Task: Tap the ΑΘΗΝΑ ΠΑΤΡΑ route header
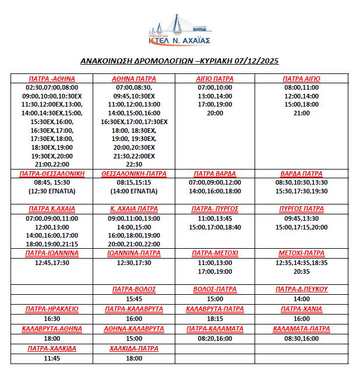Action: tap(134, 79)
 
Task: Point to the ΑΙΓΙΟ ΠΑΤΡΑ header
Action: tap(215, 79)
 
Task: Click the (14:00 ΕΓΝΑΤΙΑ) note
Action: tap(134, 191)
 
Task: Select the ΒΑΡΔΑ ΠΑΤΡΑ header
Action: tap(301, 174)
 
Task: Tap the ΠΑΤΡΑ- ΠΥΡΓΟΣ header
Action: tap(215, 209)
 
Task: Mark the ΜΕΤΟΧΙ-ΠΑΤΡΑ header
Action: tap(301, 253)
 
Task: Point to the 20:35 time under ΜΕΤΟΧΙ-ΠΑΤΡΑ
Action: tap(301, 271)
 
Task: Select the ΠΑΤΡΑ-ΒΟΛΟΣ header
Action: tap(134, 289)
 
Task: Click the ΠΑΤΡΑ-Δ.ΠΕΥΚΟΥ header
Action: tap(301, 289)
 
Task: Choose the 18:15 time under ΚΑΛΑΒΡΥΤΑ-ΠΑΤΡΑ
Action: tap(215, 319)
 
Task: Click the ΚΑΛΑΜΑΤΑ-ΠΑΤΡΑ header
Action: tap(301, 329)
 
